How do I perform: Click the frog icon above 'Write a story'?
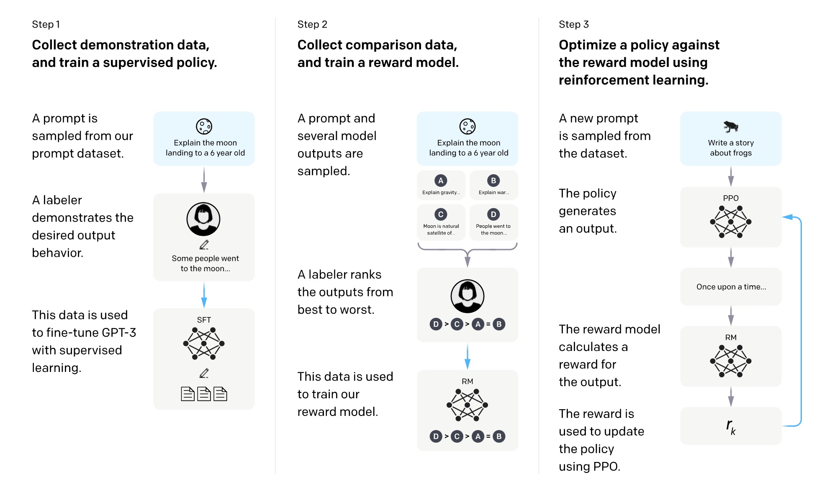[731, 126]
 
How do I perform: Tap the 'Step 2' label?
[312, 24]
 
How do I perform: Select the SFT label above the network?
[204, 320]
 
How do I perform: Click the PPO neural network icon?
[731, 222]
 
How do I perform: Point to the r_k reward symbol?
[731, 426]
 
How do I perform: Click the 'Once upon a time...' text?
[731, 287]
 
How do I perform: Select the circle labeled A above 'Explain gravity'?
[441, 181]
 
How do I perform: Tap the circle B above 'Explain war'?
[493, 181]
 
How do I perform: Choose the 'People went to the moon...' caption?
[493, 230]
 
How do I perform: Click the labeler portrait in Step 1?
[203, 219]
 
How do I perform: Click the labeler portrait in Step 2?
[468, 296]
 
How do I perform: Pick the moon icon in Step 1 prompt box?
[204, 126]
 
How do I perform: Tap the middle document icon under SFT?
[204, 394]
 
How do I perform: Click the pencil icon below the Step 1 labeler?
[204, 245]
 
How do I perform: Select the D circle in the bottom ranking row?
[436, 436]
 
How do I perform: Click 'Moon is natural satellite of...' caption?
[441, 230]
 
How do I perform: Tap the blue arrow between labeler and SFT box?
[204, 295]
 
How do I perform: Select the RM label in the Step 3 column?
[731, 338]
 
